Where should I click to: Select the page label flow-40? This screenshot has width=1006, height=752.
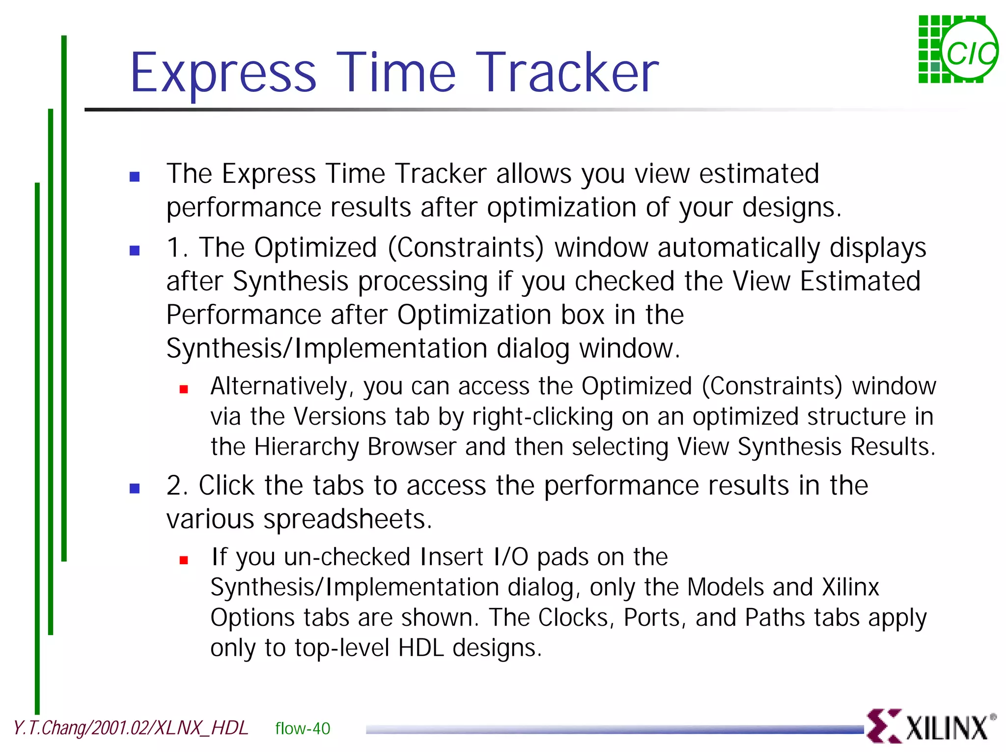pos(303,728)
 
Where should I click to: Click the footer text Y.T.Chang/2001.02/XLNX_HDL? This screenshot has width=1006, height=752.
pos(131,728)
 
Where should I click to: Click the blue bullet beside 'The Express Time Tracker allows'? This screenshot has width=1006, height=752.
pos(135,177)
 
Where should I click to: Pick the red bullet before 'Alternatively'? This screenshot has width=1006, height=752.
pos(184,390)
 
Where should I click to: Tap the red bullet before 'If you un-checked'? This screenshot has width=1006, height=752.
pos(184,560)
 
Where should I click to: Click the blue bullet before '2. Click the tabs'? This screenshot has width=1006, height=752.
pos(135,489)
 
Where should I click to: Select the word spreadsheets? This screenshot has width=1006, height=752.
pos(348,519)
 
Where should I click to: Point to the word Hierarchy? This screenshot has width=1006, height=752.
pos(307,447)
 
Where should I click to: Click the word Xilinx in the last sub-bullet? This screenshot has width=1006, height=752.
pos(850,587)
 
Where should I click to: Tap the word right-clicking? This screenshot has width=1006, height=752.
pos(542,417)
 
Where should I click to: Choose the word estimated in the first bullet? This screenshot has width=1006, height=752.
pos(759,174)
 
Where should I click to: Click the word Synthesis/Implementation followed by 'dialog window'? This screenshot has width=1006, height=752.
pos(326,348)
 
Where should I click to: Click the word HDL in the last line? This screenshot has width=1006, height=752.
pos(421,648)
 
